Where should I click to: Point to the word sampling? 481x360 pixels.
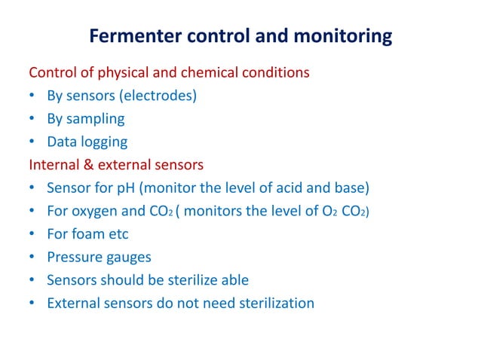click(96, 119)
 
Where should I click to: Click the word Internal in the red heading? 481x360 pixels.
click(54, 164)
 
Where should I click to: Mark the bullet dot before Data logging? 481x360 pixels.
click(33, 142)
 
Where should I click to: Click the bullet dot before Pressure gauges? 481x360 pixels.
click(33, 258)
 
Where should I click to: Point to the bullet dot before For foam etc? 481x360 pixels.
click(33, 234)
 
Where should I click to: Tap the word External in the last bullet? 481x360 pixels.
click(72, 304)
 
